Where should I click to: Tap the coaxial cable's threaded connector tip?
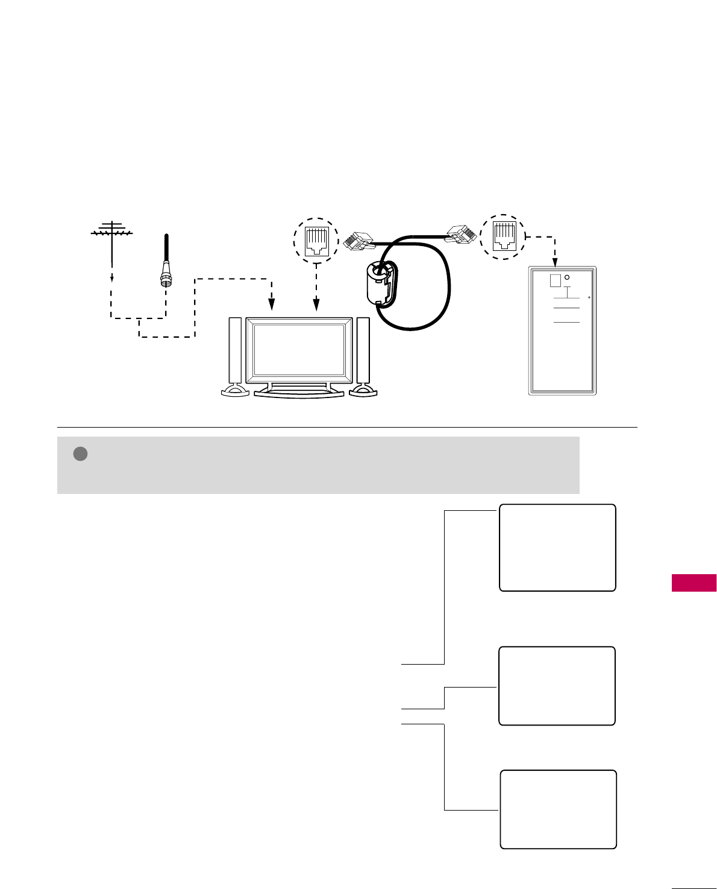click(164, 279)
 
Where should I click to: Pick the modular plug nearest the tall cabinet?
click(461, 233)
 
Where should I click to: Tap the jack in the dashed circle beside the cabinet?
click(503, 236)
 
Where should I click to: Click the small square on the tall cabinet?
click(556, 280)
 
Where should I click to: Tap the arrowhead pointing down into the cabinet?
click(554, 262)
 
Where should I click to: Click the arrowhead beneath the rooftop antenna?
click(112, 279)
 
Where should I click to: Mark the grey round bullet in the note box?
click(81, 454)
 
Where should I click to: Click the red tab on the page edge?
click(694, 583)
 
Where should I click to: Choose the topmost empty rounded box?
click(557, 548)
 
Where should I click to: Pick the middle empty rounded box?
click(557, 686)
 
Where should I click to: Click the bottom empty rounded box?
click(559, 809)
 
